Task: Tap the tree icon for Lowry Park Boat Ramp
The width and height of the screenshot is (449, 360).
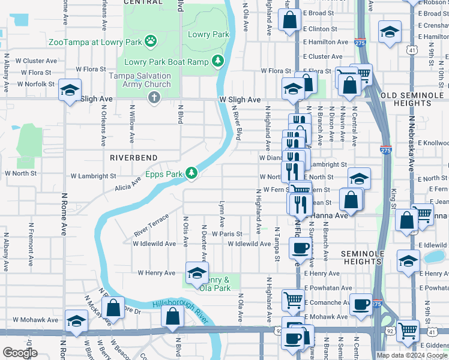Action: click(217, 61)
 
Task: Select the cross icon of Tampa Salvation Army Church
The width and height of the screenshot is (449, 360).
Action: click(154, 97)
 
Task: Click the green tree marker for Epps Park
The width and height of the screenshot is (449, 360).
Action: click(191, 173)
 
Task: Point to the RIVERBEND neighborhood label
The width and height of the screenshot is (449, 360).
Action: click(133, 157)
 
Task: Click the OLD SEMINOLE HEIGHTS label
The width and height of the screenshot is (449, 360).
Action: click(414, 99)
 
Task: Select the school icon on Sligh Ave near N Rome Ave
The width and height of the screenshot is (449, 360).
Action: click(70, 90)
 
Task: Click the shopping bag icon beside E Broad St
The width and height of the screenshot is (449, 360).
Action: click(289, 19)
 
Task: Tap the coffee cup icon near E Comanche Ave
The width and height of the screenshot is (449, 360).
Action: click(361, 304)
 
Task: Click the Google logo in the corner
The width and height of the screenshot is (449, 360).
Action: click(20, 353)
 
